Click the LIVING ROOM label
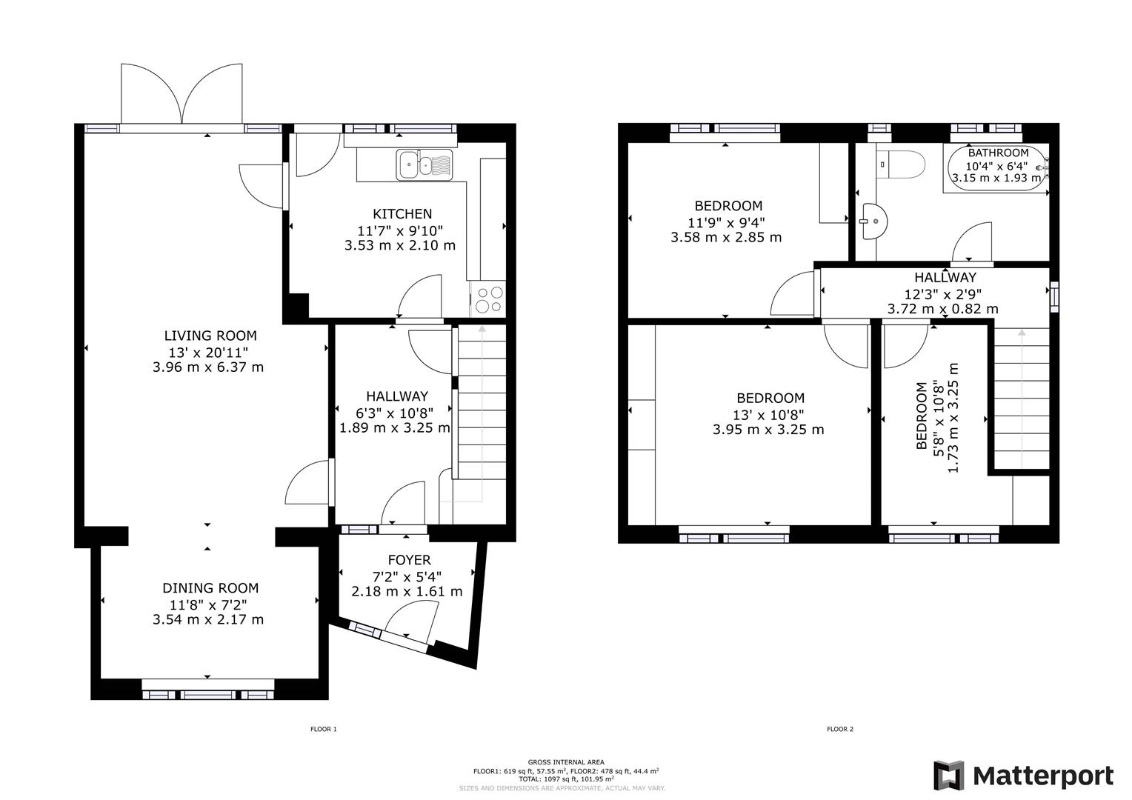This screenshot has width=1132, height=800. [x=210, y=336]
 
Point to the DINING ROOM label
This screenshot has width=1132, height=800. [x=210, y=588]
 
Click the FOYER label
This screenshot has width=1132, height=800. [x=409, y=560]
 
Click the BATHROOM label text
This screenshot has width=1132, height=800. [x=998, y=153]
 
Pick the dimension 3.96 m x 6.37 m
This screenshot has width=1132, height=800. [x=208, y=367]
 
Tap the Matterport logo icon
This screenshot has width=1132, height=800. [x=949, y=776]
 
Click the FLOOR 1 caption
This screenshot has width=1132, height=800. [x=323, y=730]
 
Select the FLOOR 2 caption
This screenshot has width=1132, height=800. [x=840, y=730]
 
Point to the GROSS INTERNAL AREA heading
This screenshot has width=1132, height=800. [x=565, y=762]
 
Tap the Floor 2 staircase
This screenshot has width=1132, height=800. [x=1021, y=400]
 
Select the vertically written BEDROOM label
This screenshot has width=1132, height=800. [x=922, y=416]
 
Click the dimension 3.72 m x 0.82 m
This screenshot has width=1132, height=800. [x=942, y=309]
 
